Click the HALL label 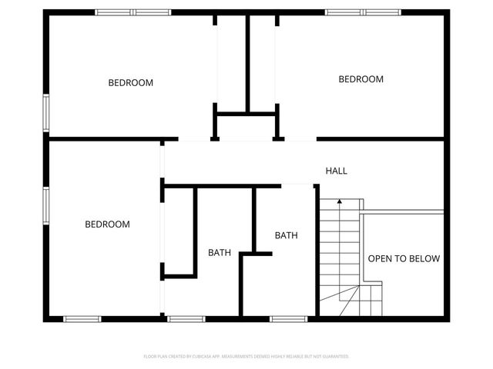coord(336,171)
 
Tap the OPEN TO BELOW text coord(404,258)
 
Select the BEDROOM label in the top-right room coord(361,79)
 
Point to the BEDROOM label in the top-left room coord(130,82)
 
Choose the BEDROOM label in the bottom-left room coord(107,224)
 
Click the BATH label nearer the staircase coord(286,235)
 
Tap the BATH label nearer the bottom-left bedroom coord(220,252)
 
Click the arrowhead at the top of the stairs coord(340,201)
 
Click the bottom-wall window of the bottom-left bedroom coord(82,318)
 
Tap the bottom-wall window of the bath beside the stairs coord(289,318)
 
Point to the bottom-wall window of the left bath coord(186,318)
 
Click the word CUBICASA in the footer coord(218,357)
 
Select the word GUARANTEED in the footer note coord(333,357)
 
